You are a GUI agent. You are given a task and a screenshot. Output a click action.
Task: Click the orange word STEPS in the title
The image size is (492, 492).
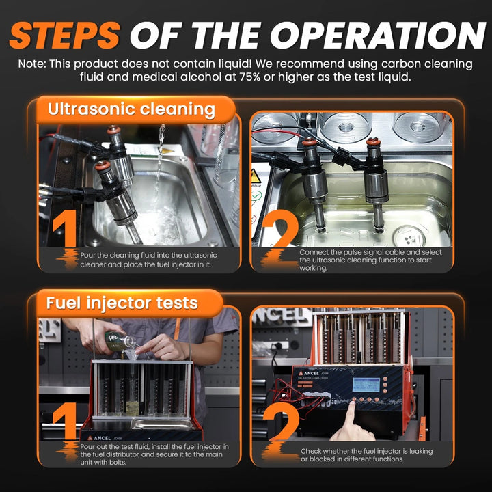coord(65,35)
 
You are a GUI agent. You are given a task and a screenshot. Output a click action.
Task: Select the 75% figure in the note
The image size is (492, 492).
coord(250,77)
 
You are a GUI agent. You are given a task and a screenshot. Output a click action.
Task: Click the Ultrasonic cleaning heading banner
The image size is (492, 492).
coord(135,110)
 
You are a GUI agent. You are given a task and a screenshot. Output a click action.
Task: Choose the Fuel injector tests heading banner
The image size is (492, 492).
coord(129,303)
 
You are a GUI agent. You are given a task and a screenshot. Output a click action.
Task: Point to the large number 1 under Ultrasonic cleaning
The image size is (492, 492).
coord(66,228)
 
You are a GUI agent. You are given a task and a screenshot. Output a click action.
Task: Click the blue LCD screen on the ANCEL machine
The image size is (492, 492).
coord(366,384)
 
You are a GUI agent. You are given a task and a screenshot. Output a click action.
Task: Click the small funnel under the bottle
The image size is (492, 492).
coord(131,355)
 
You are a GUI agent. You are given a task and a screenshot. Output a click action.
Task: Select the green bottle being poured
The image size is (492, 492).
coord(118,341)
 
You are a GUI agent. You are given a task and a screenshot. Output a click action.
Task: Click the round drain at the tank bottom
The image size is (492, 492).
coord(410,238)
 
